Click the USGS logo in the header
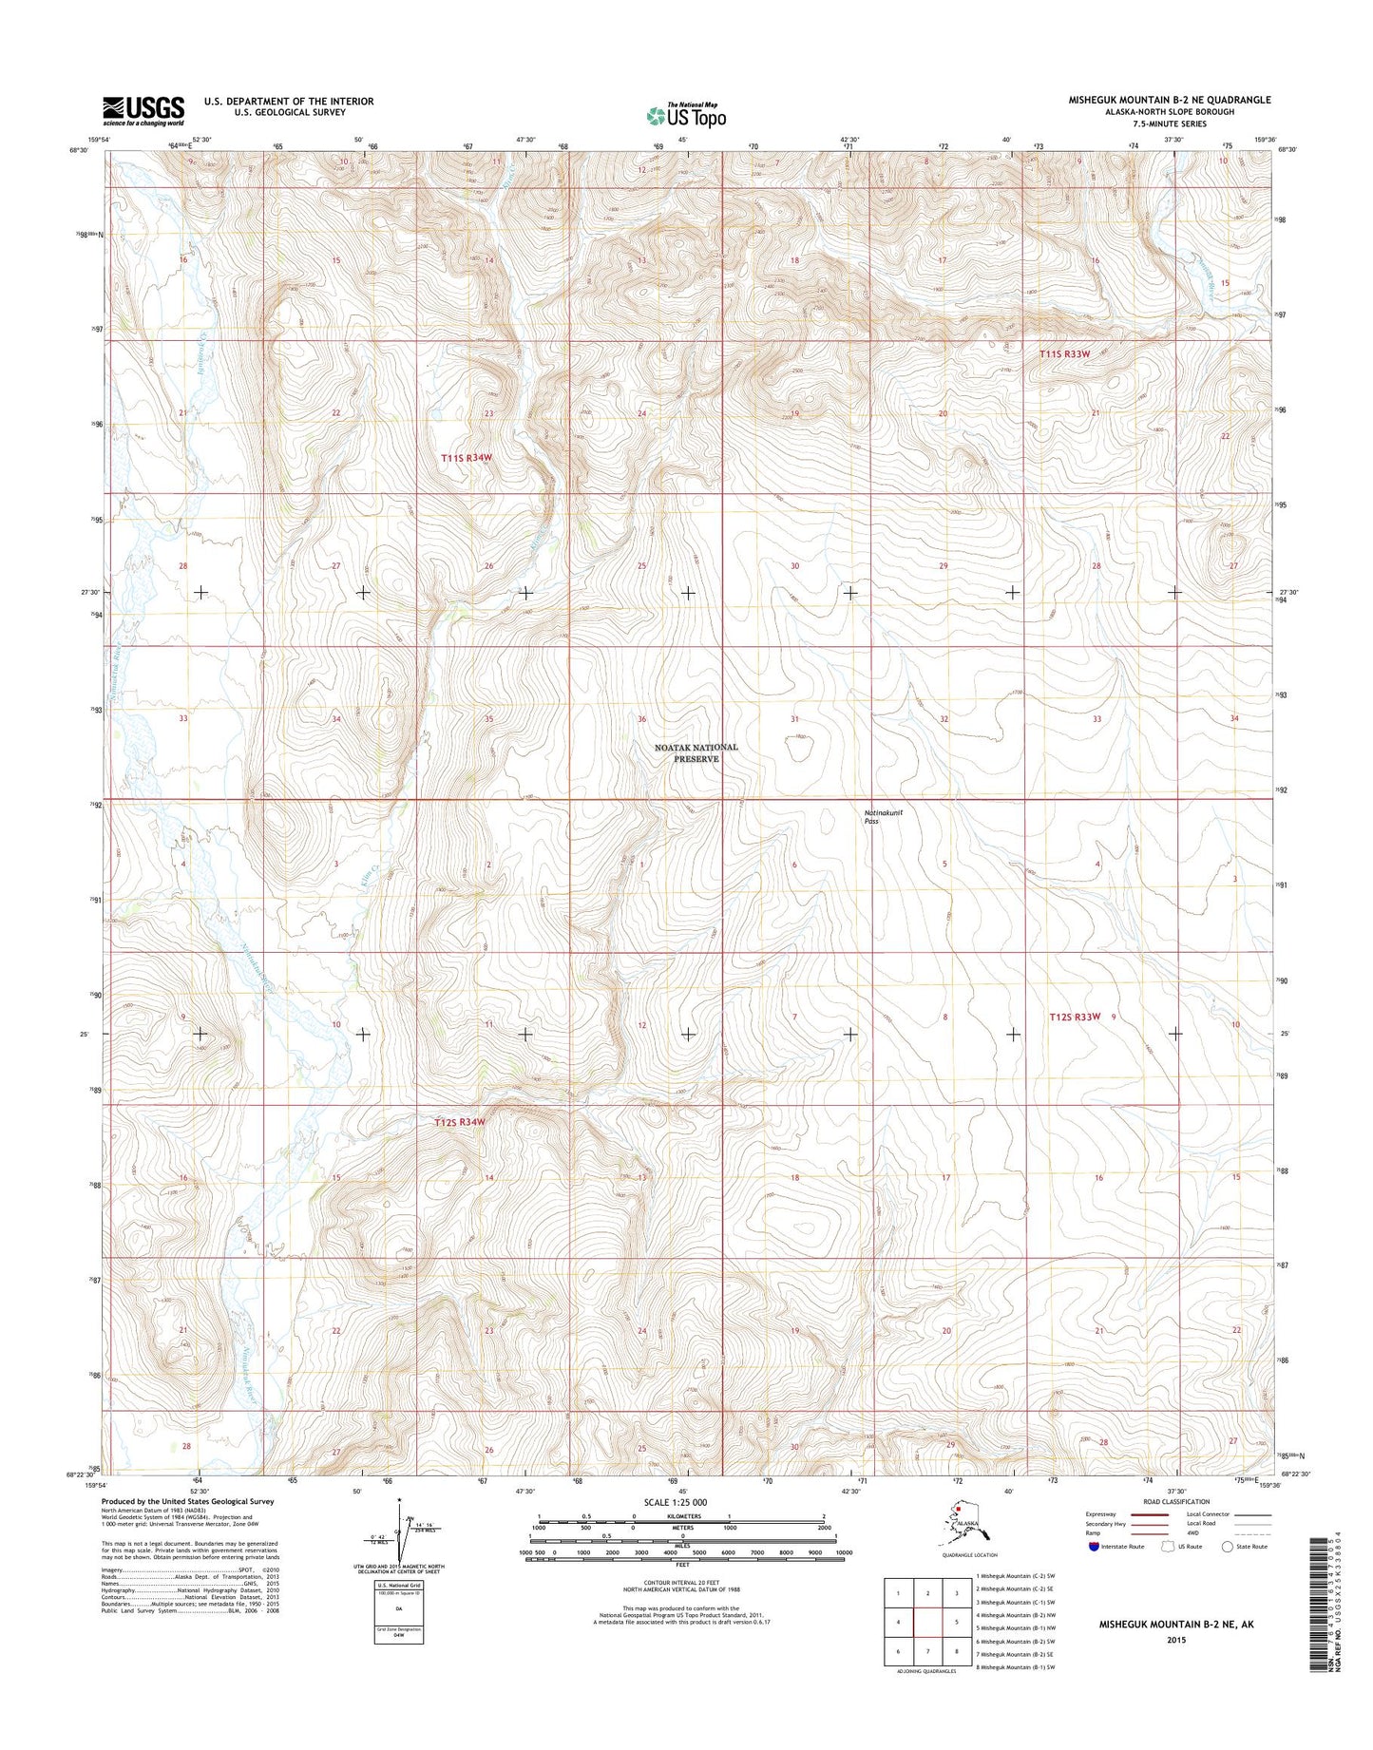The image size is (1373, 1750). [x=143, y=111]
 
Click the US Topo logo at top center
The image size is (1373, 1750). [x=687, y=115]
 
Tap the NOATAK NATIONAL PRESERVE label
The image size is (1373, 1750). [x=696, y=752]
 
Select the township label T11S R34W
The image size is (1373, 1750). [x=467, y=458]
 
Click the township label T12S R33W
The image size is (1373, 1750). [x=1075, y=1017]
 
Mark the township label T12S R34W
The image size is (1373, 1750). [x=460, y=1122]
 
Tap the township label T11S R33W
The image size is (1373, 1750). [x=1063, y=353]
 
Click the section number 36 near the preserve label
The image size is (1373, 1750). [x=642, y=719]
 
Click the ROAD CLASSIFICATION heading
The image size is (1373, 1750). [x=1177, y=1529]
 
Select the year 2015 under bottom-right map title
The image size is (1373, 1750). [x=1175, y=1639]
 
